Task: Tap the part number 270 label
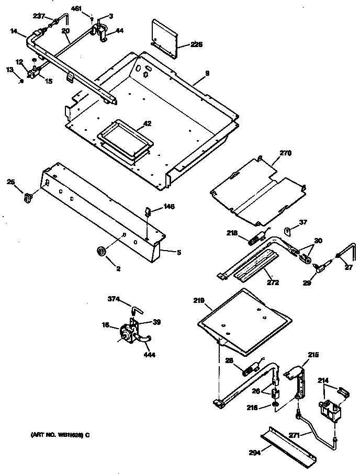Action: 285,153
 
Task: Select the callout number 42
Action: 147,123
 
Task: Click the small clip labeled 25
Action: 28,198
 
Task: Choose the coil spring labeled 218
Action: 253,241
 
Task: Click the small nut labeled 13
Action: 21,81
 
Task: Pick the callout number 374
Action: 114,299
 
